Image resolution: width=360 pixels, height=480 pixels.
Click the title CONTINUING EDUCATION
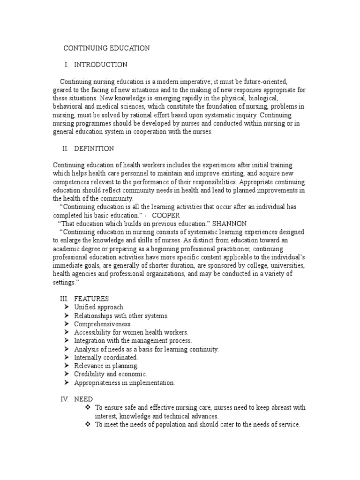click(106, 48)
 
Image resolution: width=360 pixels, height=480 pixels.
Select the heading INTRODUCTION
click(100, 65)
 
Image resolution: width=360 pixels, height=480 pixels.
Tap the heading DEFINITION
click(94, 149)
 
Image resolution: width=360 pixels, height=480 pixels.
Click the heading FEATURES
click(91, 299)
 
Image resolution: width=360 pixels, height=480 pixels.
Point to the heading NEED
click(83, 399)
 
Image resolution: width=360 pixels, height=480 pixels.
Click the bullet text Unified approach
click(99, 307)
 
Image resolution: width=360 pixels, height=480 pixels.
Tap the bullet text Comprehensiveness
click(103, 324)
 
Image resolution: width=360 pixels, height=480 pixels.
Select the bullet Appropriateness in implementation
click(124, 383)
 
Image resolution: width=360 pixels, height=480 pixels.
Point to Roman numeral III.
click(64, 299)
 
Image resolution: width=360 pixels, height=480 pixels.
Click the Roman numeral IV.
click(64, 399)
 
